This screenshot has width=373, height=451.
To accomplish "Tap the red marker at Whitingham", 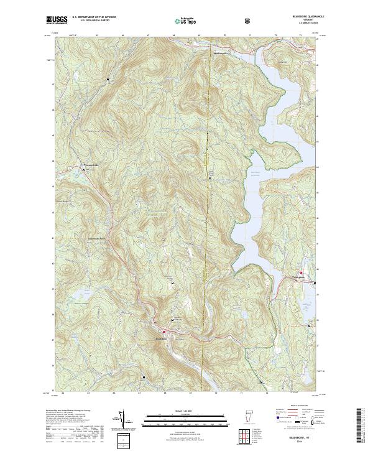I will point(302,272).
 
